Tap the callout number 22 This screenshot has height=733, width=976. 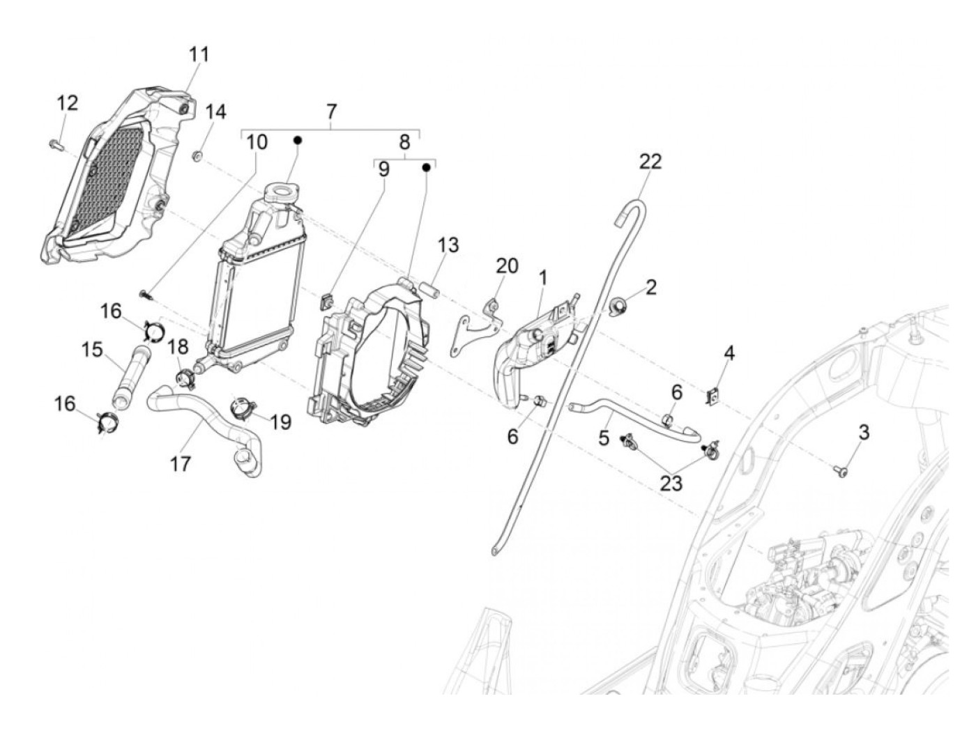[x=650, y=161]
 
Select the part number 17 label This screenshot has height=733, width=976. [x=181, y=463]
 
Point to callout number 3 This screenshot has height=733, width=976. [x=864, y=432]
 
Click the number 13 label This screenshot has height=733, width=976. [x=448, y=245]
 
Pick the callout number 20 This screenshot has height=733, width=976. [x=507, y=265]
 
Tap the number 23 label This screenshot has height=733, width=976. [x=671, y=482]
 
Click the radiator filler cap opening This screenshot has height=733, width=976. [x=282, y=191]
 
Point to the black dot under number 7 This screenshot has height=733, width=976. [x=297, y=140]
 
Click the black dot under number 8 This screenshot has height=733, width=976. [x=425, y=167]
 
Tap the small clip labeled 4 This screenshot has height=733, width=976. [x=713, y=396]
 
